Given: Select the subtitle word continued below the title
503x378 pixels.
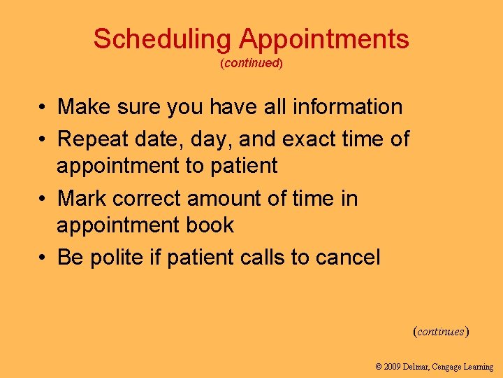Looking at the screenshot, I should tap(251, 63).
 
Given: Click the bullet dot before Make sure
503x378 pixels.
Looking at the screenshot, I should tap(43, 107).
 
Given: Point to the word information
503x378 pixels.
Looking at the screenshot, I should tap(347, 107).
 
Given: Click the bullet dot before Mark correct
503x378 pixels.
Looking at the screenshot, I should tap(43, 199).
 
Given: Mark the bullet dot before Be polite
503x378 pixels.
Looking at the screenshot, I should tap(43, 258).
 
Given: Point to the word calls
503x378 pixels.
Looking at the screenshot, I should tap(262, 258).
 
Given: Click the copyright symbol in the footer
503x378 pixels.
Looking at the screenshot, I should tap(379, 367).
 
